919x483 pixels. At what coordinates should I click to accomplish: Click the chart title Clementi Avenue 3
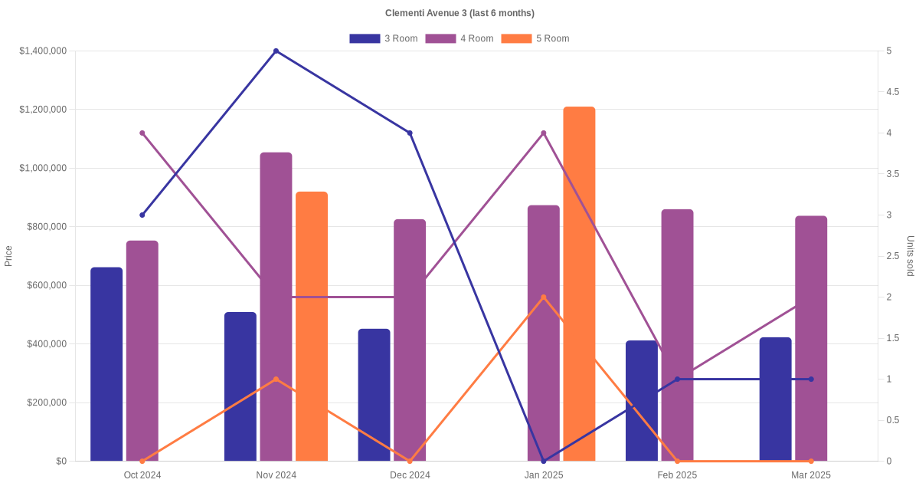[459, 13]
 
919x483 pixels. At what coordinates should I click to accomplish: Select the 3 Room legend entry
[383, 38]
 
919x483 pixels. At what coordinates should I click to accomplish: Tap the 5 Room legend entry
[535, 38]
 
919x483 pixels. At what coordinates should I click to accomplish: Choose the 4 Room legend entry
[459, 38]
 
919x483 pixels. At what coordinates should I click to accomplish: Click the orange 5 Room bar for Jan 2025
[579, 284]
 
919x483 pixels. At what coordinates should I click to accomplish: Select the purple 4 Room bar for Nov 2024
[276, 307]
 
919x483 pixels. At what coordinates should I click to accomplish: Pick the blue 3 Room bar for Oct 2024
[106, 364]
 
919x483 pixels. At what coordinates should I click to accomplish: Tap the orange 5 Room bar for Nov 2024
[312, 326]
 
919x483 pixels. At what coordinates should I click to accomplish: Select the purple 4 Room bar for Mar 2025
[811, 338]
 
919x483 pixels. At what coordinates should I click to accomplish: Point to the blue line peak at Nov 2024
[276, 51]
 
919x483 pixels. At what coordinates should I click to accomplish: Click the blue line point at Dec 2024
[410, 133]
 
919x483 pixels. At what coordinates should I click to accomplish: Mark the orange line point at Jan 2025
[544, 297]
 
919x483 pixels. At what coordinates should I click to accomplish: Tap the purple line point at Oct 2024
[142, 133]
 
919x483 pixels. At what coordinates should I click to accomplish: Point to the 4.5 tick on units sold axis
[892, 92]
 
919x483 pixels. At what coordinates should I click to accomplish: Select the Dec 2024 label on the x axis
[410, 475]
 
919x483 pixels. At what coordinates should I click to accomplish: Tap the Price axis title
[8, 256]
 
